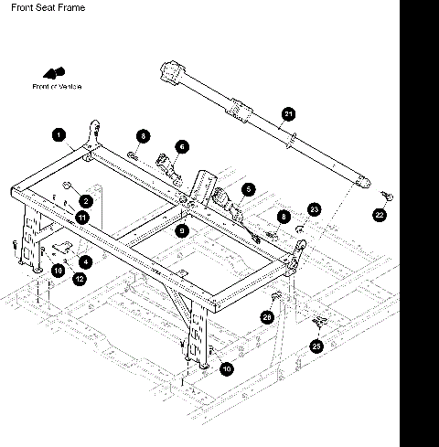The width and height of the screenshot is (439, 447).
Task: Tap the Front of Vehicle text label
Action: pyautogui.click(x=57, y=86)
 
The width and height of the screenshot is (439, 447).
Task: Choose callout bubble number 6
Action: pyautogui.click(x=182, y=146)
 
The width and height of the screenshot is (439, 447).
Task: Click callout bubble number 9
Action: pyautogui.click(x=182, y=231)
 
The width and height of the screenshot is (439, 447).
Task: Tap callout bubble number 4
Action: pyautogui.click(x=85, y=261)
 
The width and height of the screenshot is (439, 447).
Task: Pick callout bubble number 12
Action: pyautogui.click(x=79, y=278)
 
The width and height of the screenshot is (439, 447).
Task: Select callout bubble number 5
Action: pyautogui.click(x=248, y=189)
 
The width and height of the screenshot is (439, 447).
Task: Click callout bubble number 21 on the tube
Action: pyautogui.click(x=288, y=114)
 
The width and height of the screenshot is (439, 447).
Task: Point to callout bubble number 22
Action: pyautogui.click(x=380, y=216)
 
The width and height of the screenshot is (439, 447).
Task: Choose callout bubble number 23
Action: pyautogui.click(x=314, y=209)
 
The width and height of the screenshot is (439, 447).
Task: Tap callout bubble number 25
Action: pyautogui.click(x=317, y=346)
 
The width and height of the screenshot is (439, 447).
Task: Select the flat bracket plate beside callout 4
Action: pyautogui.click(x=63, y=247)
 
